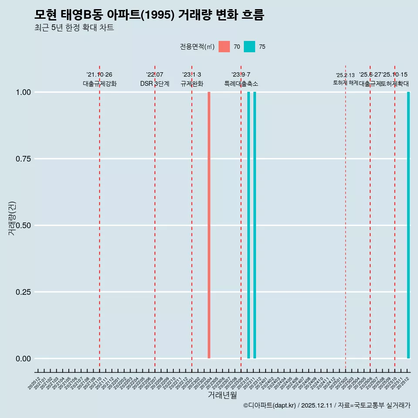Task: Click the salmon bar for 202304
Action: (x=209, y=225)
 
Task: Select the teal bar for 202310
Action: (x=249, y=225)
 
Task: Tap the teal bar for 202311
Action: (x=255, y=225)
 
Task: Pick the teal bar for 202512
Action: (x=408, y=225)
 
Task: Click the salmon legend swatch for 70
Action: (x=224, y=47)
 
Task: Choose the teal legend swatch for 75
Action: (x=249, y=47)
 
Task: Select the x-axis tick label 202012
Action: (x=34, y=383)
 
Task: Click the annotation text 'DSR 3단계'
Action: (x=155, y=84)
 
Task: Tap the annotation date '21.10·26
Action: (x=99, y=74)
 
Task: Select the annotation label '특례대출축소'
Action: (x=241, y=84)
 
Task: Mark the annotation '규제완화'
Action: (x=192, y=84)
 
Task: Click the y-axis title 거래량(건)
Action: (x=12, y=218)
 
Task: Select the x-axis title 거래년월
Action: (x=222, y=395)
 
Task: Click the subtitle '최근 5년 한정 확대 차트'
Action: (x=74, y=28)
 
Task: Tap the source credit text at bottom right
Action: (x=327, y=406)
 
